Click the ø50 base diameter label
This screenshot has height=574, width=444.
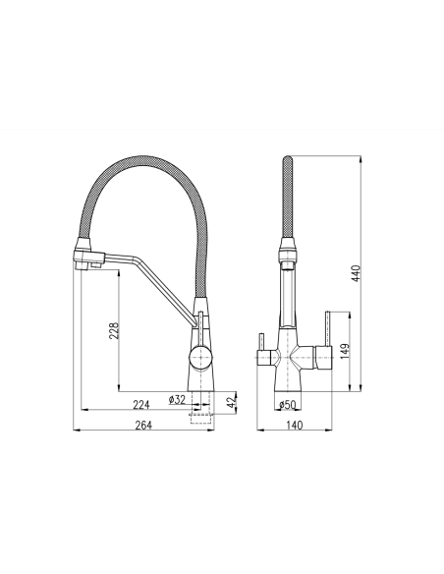coord(289,405)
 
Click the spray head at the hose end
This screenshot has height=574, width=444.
coord(89,258)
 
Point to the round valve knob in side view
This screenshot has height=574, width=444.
coord(198,355)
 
